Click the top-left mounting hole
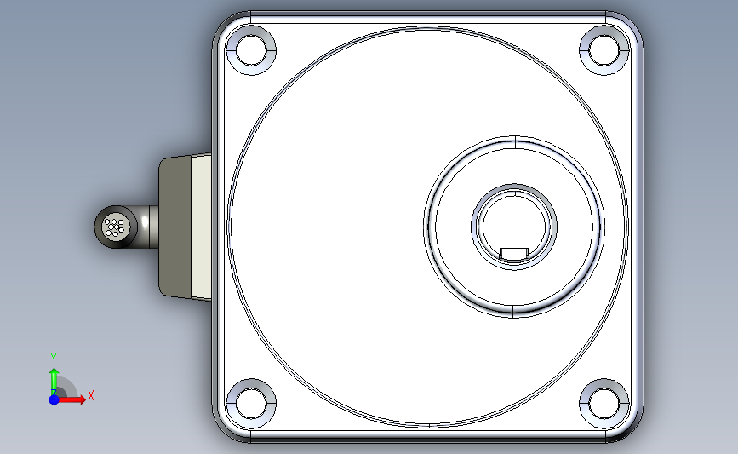[251, 49]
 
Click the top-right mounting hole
[604, 49]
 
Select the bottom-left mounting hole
[251, 403]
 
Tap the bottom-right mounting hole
[604, 403]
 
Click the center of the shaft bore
[514, 226]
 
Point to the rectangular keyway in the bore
[514, 253]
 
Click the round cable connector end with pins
[115, 227]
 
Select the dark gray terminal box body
[175, 227]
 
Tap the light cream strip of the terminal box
[201, 227]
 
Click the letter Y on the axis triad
[54, 359]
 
